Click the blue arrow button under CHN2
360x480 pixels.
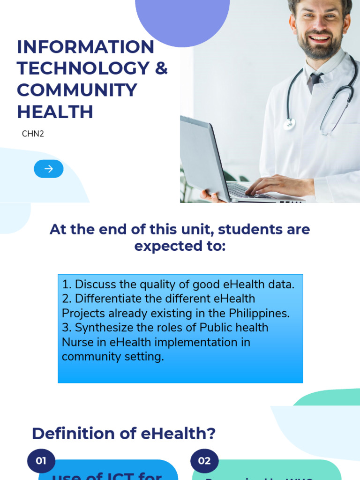tap(49, 169)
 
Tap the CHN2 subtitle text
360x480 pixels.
tap(33, 134)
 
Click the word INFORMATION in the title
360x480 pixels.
tap(85, 47)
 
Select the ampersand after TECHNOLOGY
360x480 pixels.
tap(161, 68)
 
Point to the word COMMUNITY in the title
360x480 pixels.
tap(77, 90)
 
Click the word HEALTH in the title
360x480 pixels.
tap(55, 112)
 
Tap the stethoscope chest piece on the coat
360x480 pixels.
tap(290, 124)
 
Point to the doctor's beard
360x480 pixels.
tap(320, 49)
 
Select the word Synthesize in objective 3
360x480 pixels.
tap(105, 328)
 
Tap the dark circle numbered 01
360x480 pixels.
tap(41, 461)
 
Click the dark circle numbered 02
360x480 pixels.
tap(204, 461)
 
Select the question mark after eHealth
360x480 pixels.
tap(211, 434)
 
